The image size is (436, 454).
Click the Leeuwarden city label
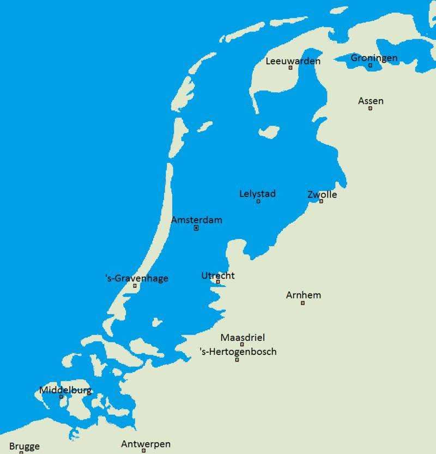pos(293,61)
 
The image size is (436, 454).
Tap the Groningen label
pos(374,58)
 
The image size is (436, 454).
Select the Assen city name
pos(371,101)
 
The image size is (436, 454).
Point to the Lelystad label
pos(257,194)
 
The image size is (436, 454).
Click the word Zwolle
pos(322,194)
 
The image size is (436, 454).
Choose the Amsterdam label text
pos(196,220)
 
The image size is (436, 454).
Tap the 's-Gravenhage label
pos(136,278)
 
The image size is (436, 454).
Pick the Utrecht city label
pos(218,275)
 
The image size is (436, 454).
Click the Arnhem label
pos(304,295)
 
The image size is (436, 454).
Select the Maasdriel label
pos(243,338)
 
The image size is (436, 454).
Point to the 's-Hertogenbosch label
pos(238,352)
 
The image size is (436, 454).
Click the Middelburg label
pos(65,390)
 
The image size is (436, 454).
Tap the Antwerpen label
pos(146,444)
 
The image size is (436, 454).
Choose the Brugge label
pos(25,446)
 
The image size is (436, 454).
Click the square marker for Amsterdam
pos(196,228)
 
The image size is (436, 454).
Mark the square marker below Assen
pos(370,108)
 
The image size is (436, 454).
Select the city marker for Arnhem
pos(302,303)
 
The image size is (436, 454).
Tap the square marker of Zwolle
pos(321,201)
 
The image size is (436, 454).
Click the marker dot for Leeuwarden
pos(290,68)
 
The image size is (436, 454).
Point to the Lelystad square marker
pos(258,201)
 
